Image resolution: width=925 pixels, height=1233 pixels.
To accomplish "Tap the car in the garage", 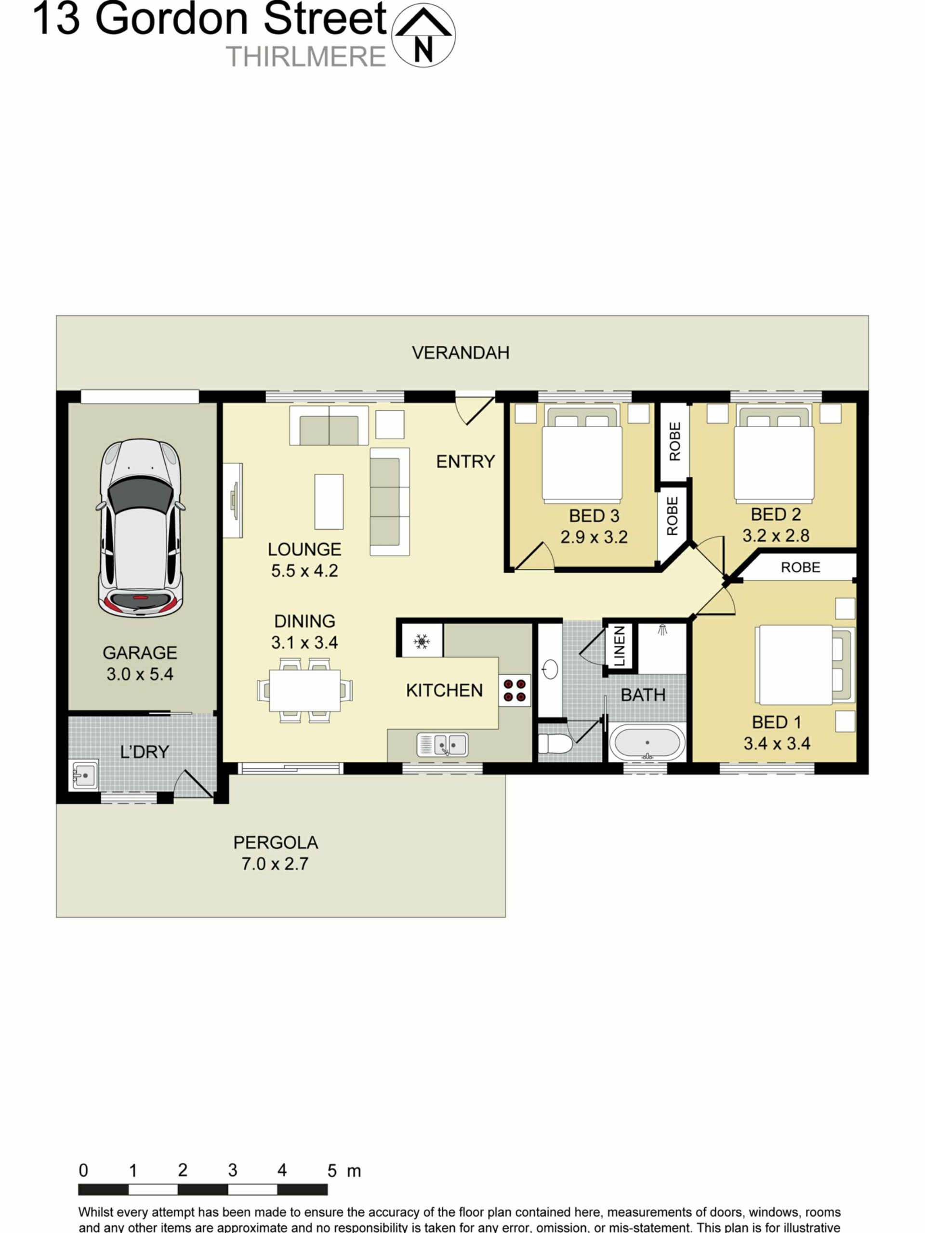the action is coord(141,527).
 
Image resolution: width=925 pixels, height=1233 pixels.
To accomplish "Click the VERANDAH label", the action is coord(461,353).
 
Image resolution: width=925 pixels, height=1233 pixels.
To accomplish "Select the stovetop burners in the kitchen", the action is coord(514,690).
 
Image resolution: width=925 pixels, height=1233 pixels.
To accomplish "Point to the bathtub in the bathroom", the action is coord(647,743).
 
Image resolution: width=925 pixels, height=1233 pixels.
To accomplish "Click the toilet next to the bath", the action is coord(555,743).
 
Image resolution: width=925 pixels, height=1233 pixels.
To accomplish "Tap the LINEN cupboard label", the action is coord(620,646).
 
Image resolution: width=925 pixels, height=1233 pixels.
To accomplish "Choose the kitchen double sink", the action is coord(442,745).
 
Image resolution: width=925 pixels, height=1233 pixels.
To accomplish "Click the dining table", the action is coord(304,690).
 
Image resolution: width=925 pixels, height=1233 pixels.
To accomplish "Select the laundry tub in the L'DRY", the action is coord(84,774).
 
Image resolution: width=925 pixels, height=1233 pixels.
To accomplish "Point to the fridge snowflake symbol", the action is coord(422,642).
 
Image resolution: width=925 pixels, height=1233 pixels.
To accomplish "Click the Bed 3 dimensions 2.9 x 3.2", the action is coord(594,538).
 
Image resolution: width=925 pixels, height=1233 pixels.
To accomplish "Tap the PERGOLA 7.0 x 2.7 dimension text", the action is coord(275,864).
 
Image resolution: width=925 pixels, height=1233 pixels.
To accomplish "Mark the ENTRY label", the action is coord(465,461).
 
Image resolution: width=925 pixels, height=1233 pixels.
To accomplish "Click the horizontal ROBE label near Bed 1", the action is coord(800,567).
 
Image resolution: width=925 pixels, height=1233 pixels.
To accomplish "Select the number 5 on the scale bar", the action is coord(332,1170).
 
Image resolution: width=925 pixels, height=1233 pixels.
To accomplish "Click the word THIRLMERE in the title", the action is coord(305,57).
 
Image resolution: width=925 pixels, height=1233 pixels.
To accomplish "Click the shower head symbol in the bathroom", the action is coord(662,630).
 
